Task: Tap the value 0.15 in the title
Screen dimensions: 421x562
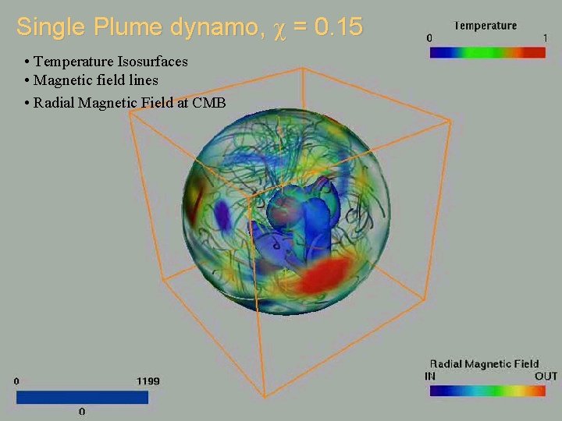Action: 340,27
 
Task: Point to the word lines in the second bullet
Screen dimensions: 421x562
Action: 142,80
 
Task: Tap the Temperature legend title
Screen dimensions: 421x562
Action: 485,26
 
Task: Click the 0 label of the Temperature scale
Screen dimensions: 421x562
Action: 429,37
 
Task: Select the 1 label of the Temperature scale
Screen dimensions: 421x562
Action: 544,37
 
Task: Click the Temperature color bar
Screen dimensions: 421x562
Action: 487,51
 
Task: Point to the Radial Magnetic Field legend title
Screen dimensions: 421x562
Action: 484,364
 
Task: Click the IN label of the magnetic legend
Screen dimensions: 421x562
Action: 430,376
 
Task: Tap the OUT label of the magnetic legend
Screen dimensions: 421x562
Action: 546,376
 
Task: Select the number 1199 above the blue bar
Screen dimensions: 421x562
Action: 148,381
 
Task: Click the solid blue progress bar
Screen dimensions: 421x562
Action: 81,398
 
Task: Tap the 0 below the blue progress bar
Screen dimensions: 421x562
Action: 82,411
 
